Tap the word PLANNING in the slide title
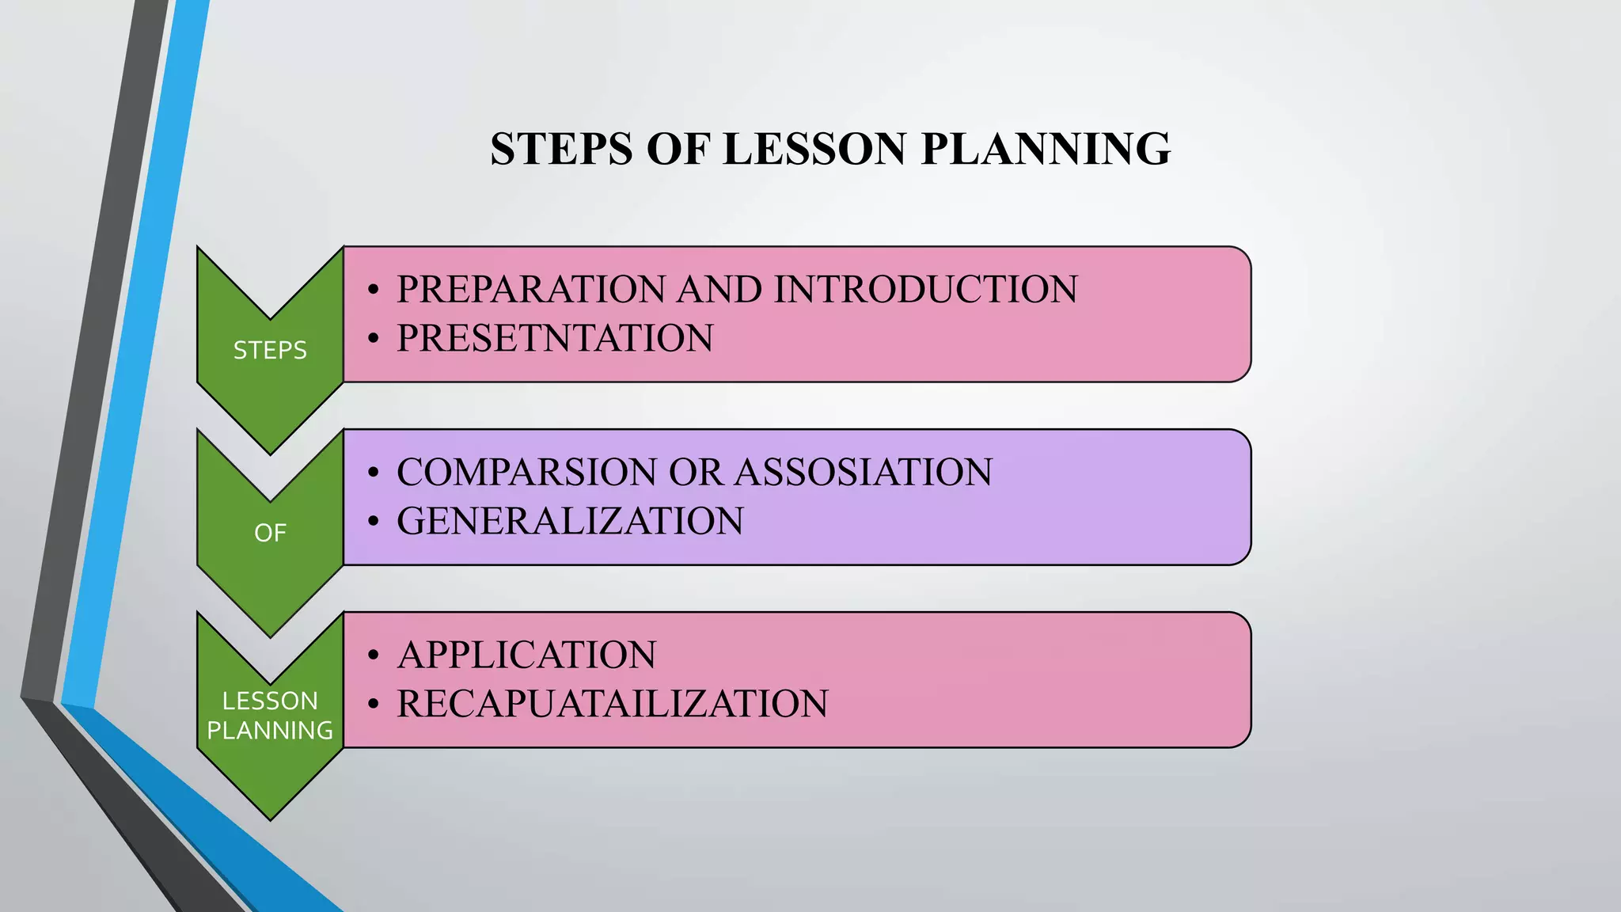coord(1046,149)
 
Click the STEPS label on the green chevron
coord(270,350)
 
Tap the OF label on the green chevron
coord(270,533)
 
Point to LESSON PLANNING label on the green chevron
coord(270,715)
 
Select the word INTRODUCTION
coord(925,289)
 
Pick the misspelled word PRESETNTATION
coord(555,338)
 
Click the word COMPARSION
coord(527,472)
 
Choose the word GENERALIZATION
coord(570,521)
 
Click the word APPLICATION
coord(526,655)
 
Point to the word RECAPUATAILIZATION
coord(612,704)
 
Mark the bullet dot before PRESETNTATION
coord(374,339)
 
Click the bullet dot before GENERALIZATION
coord(374,522)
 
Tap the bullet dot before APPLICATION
coord(374,655)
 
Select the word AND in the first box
coord(719,289)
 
